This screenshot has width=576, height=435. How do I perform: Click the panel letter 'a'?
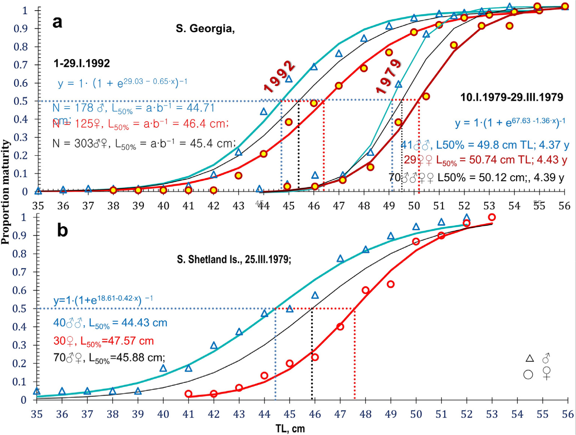[57, 22]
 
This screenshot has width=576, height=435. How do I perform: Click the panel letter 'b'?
[62, 230]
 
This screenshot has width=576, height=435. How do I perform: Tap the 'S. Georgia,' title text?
[205, 29]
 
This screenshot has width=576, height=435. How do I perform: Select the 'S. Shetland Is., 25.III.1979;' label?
[234, 260]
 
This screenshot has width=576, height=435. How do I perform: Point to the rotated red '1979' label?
[389, 76]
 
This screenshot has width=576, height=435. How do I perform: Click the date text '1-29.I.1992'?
[82, 63]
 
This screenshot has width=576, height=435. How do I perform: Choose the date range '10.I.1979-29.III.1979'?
[512, 97]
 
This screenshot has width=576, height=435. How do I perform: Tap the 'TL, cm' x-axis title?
[290, 429]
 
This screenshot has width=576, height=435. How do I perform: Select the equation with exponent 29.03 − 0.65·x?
[123, 83]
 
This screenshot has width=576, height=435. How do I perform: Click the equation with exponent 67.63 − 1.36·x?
[510, 122]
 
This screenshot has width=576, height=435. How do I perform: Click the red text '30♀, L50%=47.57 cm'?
[103, 341]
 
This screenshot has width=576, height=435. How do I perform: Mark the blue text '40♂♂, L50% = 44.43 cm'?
[110, 323]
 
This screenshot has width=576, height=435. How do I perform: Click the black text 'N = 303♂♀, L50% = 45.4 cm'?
[144, 143]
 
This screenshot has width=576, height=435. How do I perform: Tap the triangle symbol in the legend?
[530, 359]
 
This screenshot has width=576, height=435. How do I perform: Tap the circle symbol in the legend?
[528, 374]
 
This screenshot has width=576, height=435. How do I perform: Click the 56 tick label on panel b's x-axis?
[567, 414]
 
